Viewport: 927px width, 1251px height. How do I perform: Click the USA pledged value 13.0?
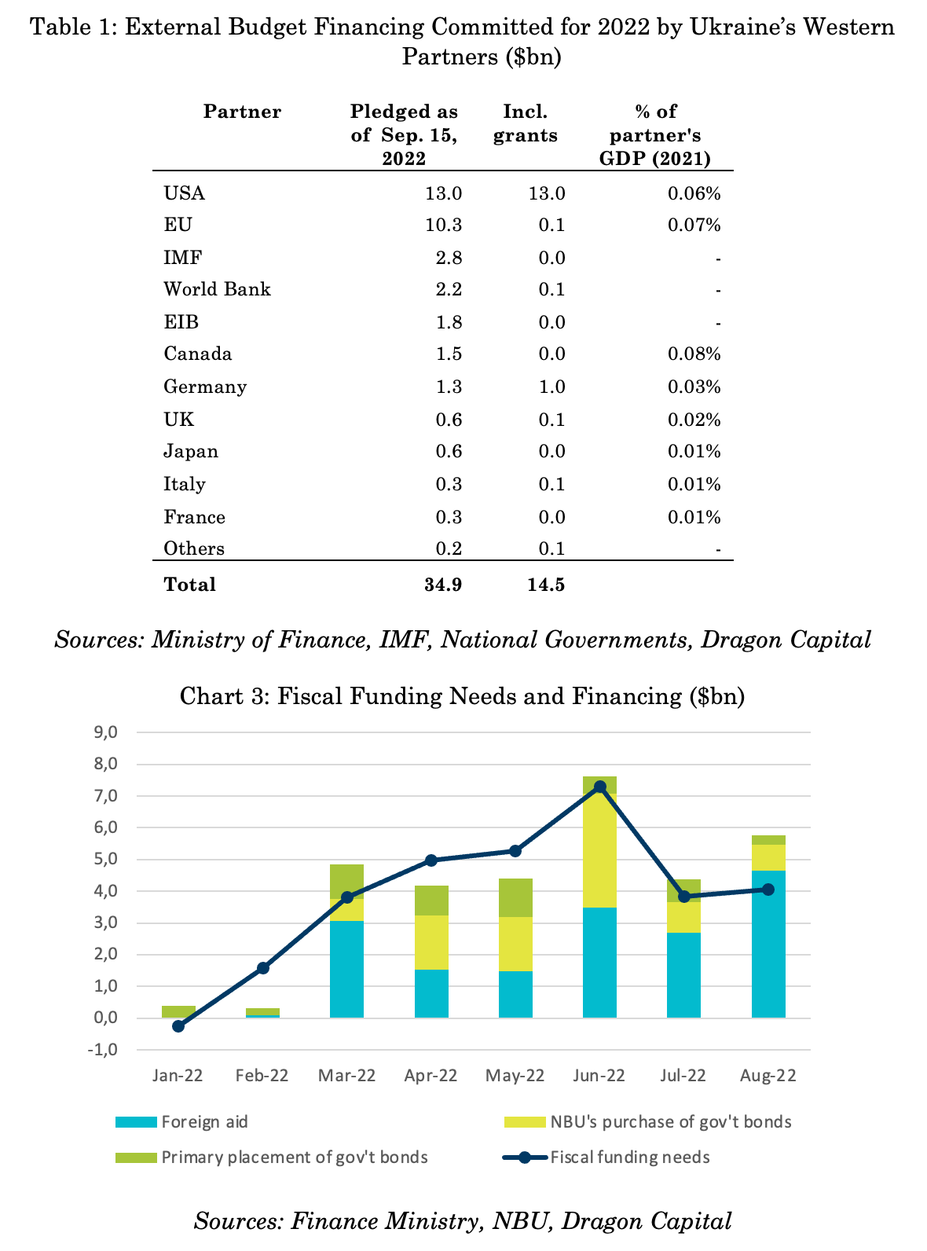click(x=443, y=193)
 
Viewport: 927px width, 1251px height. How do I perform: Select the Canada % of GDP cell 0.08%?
click(x=694, y=354)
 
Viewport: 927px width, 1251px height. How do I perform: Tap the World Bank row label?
click(x=217, y=288)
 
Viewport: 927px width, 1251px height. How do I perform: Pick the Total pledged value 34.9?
click(x=443, y=585)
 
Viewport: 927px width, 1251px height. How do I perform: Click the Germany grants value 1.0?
click(x=551, y=387)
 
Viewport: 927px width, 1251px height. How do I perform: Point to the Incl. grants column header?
click(x=525, y=123)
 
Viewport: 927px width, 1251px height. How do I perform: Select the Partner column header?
click(x=242, y=112)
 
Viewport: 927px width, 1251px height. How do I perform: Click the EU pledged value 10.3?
click(x=443, y=225)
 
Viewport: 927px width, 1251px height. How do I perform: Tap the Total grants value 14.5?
click(x=546, y=585)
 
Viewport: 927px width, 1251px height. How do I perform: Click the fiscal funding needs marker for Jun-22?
click(x=600, y=787)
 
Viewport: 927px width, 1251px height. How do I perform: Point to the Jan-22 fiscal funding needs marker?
click(x=178, y=1026)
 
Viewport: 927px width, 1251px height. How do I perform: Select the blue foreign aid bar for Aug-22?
click(x=768, y=944)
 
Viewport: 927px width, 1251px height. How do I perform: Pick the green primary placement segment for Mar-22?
click(x=346, y=882)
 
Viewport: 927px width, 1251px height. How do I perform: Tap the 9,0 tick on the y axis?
click(x=105, y=732)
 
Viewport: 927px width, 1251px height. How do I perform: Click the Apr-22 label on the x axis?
click(x=431, y=1076)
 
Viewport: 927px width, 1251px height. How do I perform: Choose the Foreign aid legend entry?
click(x=181, y=1122)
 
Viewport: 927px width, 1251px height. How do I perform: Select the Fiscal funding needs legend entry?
click(x=606, y=1157)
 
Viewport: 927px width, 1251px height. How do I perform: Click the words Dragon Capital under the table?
click(x=786, y=640)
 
